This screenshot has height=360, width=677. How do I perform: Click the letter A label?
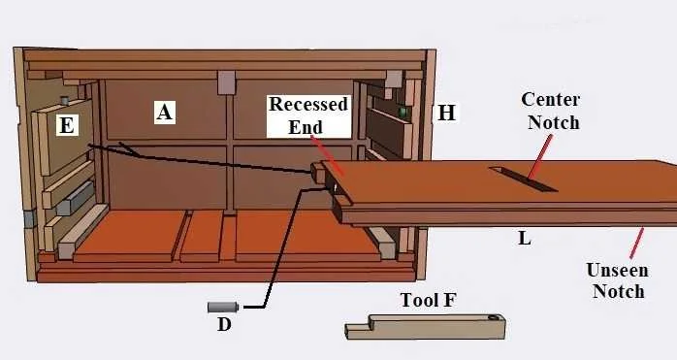(x=165, y=113)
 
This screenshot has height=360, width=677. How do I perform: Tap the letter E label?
(x=66, y=125)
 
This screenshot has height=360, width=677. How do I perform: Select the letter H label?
(x=446, y=113)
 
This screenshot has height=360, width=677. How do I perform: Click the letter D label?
(x=224, y=324)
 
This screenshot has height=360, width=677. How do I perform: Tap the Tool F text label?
(x=428, y=300)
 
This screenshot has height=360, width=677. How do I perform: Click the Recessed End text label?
(x=308, y=115)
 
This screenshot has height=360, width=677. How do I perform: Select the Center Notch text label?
(x=550, y=111)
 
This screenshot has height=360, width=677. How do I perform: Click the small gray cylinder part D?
(x=222, y=307)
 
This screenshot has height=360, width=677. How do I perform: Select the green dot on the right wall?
(x=402, y=113)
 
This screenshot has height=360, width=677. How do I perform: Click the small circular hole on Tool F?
(x=494, y=317)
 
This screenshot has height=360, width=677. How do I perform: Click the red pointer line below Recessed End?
(x=325, y=156)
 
